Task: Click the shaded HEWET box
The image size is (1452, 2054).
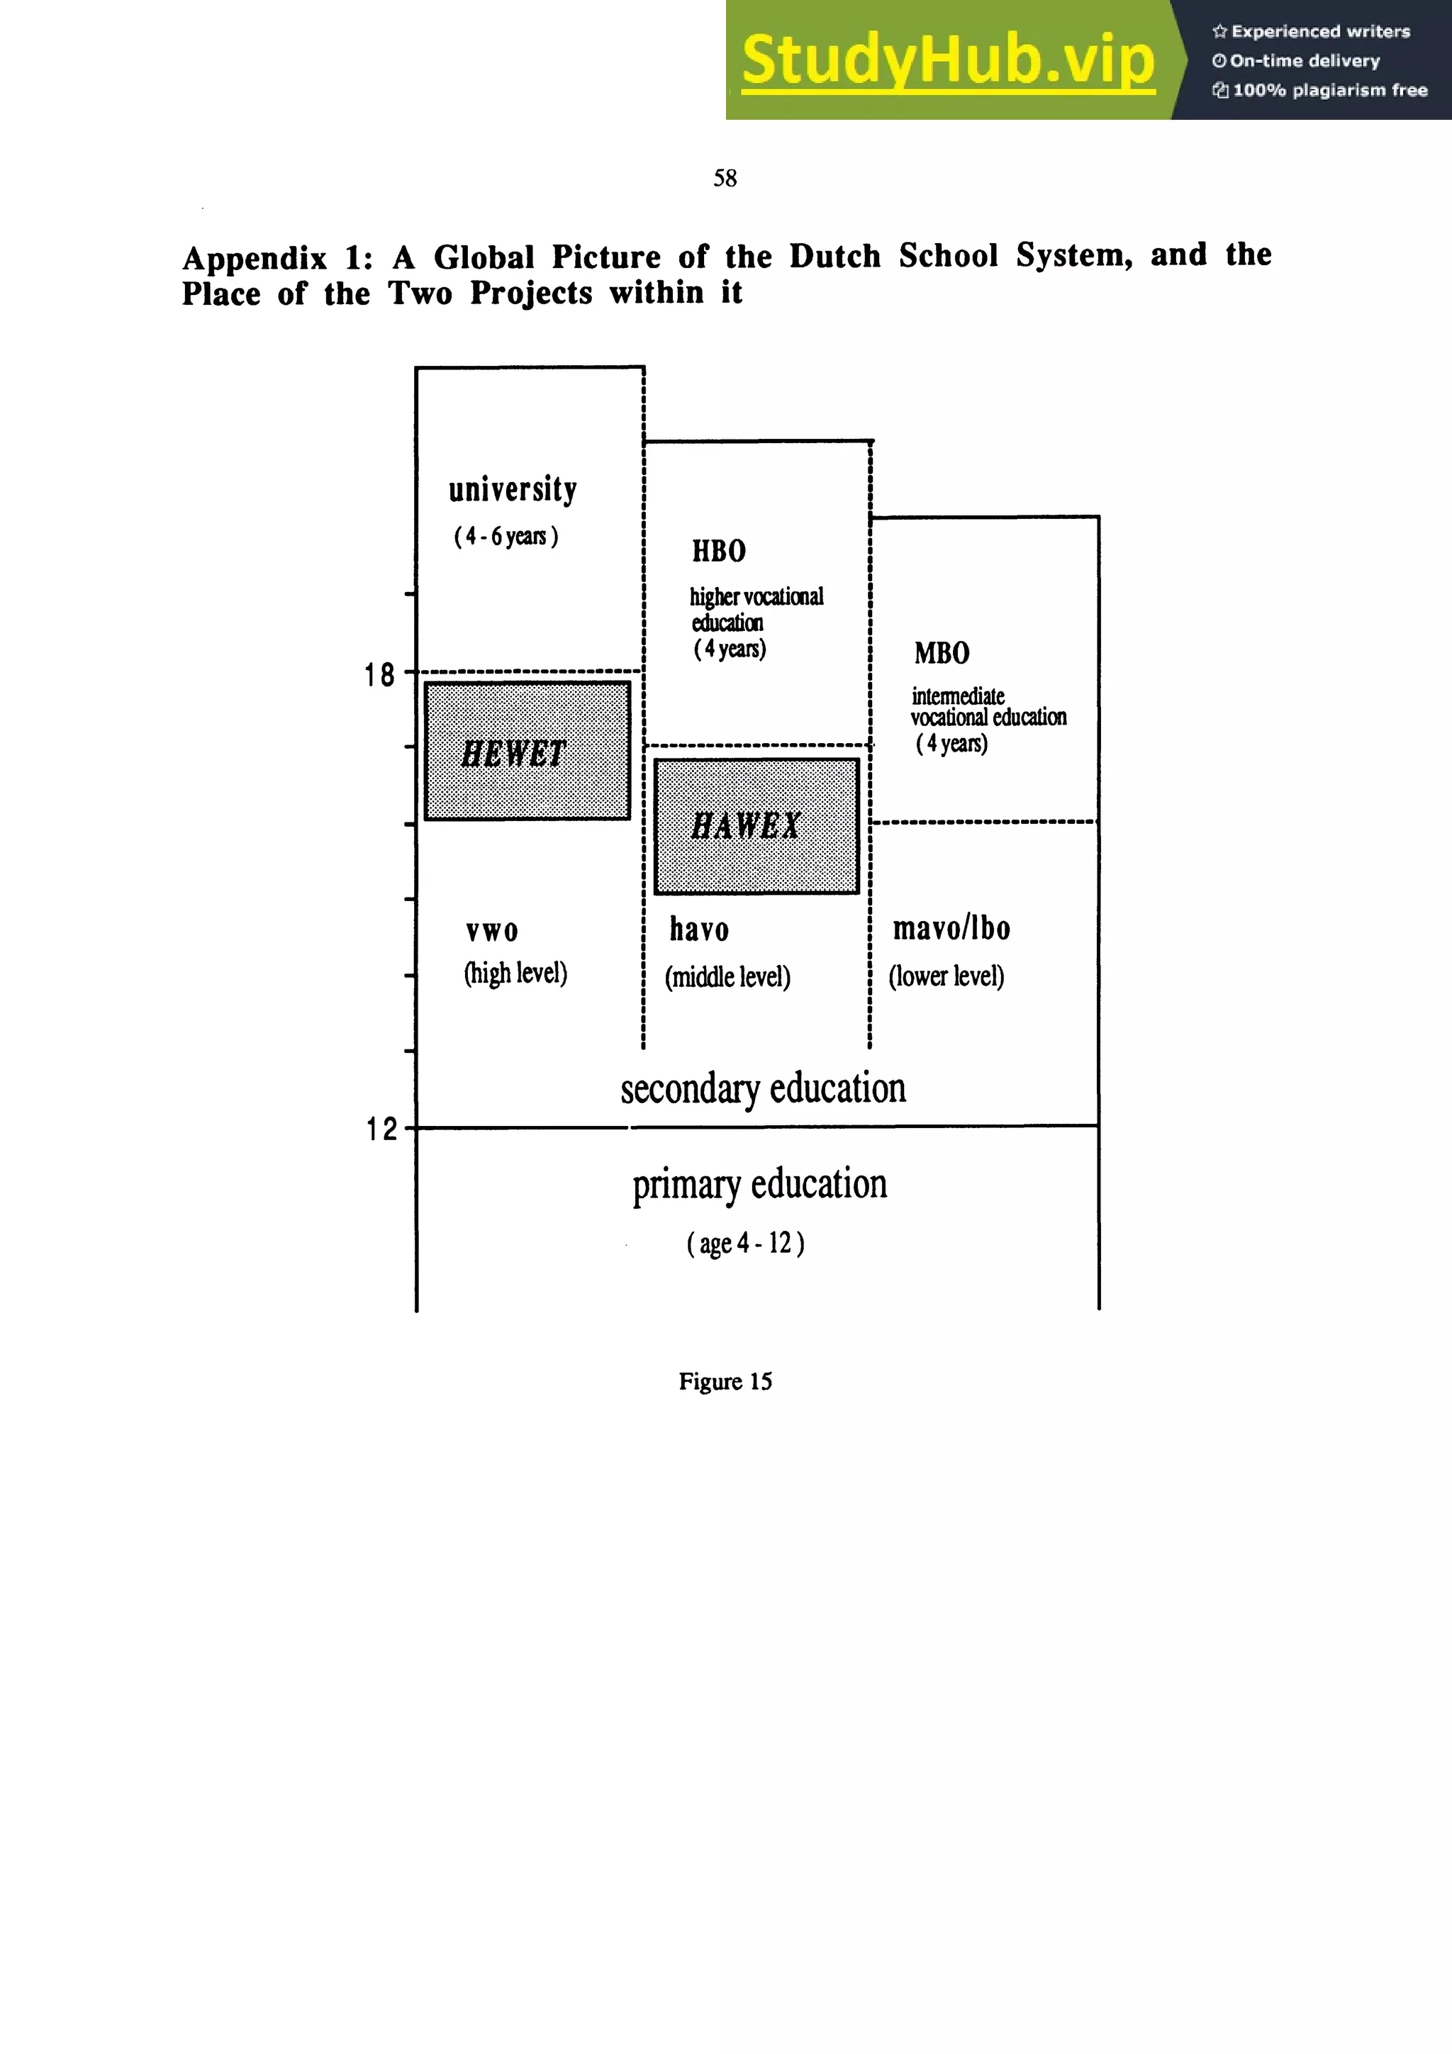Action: pyautogui.click(x=527, y=751)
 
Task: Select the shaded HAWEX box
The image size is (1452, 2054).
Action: pyautogui.click(x=756, y=826)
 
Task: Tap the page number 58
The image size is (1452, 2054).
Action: pyautogui.click(x=725, y=178)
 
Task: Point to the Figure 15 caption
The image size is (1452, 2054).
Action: pyautogui.click(x=725, y=1381)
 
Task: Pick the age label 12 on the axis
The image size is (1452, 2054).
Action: pyautogui.click(x=381, y=1129)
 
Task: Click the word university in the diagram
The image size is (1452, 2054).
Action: pyautogui.click(x=513, y=489)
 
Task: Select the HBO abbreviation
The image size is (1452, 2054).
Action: pyautogui.click(x=718, y=551)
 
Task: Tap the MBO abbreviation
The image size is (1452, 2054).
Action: pyautogui.click(x=941, y=653)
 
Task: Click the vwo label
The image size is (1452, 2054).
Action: pyautogui.click(x=492, y=931)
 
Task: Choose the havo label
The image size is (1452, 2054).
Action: pyautogui.click(x=699, y=930)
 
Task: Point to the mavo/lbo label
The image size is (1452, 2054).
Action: pyautogui.click(x=951, y=929)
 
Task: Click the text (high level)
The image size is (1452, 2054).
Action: pyautogui.click(x=515, y=973)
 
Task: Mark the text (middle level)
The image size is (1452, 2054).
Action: pyautogui.click(x=727, y=977)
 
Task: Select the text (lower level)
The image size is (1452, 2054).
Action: pyautogui.click(x=946, y=976)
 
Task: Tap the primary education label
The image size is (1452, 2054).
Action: pyautogui.click(x=759, y=1185)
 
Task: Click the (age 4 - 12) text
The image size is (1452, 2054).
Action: pyautogui.click(x=745, y=1244)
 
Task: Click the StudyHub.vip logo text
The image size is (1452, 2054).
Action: pyautogui.click(x=947, y=60)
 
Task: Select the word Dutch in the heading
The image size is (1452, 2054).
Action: pyautogui.click(x=834, y=256)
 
